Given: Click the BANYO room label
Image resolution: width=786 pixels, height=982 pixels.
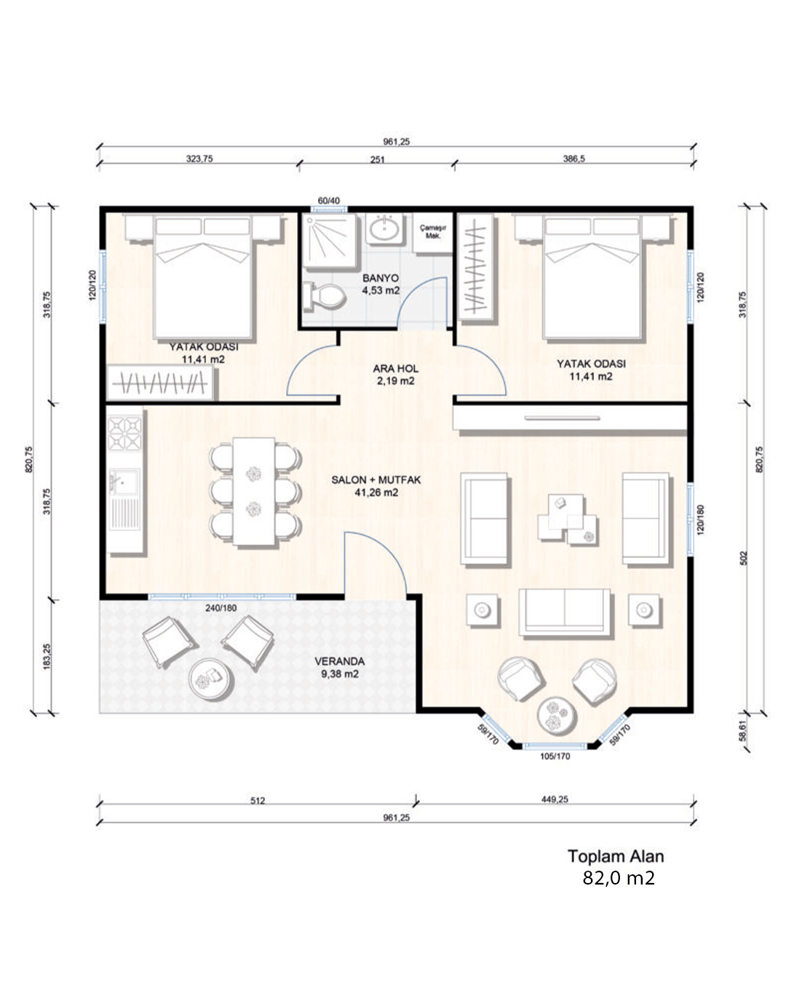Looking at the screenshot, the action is point(381,278).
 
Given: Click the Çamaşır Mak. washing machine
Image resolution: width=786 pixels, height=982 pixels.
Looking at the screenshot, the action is point(432,232).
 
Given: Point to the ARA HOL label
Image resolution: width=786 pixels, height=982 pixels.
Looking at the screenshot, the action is point(395,368).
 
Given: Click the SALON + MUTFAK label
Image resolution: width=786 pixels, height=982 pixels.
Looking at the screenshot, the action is point(376,479).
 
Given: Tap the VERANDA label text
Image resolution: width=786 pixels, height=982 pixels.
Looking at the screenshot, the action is point(339,660).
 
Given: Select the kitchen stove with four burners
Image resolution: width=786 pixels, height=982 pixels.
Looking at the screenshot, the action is point(124,432).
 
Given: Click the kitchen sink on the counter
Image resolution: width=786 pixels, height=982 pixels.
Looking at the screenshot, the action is point(124,482).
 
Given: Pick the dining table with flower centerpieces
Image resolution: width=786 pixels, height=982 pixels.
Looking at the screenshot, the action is point(254,491).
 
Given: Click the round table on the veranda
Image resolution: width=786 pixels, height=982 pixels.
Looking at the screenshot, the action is point(212,678).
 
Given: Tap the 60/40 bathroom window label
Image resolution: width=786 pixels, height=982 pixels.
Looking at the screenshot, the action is point(328,201).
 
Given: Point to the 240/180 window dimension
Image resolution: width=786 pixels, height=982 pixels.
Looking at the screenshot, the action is point(221,608).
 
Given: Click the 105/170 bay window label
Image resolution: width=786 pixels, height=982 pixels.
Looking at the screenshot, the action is point(555,756).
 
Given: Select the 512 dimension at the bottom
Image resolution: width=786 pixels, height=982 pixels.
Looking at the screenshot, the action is point(258,800).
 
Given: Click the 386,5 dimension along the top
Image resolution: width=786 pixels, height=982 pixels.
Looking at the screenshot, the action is point(573,159).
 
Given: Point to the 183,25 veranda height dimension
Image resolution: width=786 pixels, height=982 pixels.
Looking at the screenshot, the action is point(47,657).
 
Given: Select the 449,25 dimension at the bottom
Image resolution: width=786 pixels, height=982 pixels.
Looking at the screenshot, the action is point(555,799).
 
